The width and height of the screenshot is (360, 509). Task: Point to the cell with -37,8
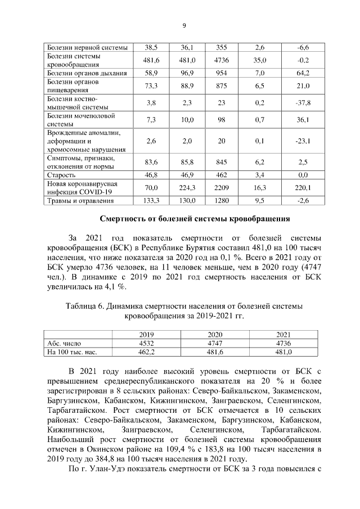click(x=304, y=102)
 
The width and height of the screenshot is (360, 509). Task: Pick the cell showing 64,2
click(x=304, y=73)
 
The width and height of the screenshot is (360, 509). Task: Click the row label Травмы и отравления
click(x=80, y=200)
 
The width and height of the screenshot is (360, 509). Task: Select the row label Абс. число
click(x=62, y=343)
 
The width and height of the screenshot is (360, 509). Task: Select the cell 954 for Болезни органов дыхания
click(x=219, y=73)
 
